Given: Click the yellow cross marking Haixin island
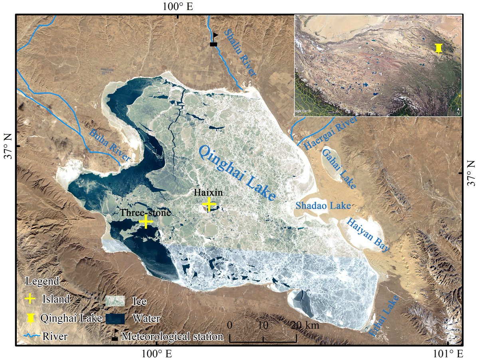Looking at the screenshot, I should [209, 204].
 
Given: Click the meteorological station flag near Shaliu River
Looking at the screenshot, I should [214, 40].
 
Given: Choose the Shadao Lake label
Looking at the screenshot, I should [323, 206].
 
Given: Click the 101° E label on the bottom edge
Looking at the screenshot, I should [449, 354].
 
